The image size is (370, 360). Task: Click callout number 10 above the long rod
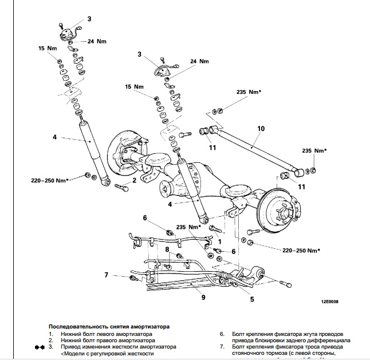click(x=261, y=129)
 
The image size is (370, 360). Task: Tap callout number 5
click(x=251, y=298)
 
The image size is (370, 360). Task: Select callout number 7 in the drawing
click(x=106, y=275)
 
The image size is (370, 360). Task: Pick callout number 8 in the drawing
click(x=167, y=250)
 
